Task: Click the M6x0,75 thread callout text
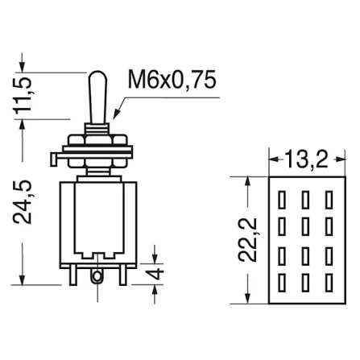[x=172, y=79]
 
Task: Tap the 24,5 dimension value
[x=23, y=201]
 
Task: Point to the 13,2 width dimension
[x=307, y=159]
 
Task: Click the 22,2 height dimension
[x=247, y=239]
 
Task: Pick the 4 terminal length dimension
[x=155, y=274]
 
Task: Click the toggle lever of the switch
[x=98, y=97]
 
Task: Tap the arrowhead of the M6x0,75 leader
[x=116, y=114]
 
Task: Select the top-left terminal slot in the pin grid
[x=281, y=200]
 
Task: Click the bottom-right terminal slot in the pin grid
[x=329, y=283]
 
